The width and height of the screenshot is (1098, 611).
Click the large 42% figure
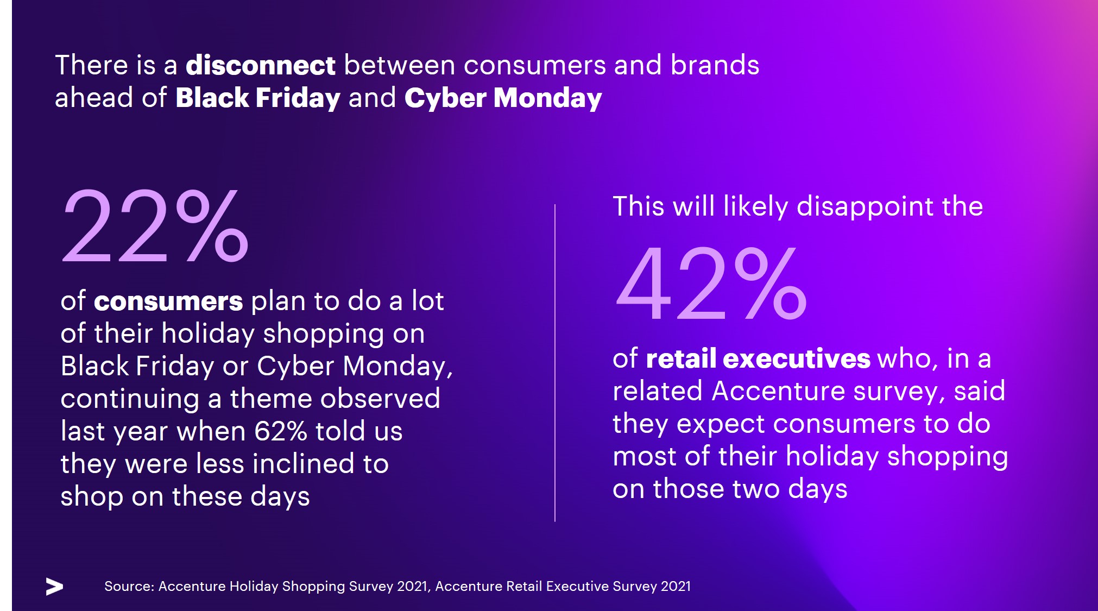(711, 284)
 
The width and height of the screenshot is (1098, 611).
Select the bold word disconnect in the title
(261, 65)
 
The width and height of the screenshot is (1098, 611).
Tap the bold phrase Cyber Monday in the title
(503, 98)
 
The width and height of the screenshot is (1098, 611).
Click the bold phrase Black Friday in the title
(258, 98)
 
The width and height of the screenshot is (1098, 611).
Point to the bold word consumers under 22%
(168, 301)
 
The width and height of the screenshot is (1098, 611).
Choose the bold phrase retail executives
(758, 359)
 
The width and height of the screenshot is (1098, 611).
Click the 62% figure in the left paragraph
(281, 432)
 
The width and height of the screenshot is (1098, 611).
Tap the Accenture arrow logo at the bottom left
(54, 587)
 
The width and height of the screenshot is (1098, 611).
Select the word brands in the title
(715, 65)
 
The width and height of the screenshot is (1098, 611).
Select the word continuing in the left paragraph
(130, 399)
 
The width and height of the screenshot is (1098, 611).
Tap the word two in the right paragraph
(756, 489)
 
